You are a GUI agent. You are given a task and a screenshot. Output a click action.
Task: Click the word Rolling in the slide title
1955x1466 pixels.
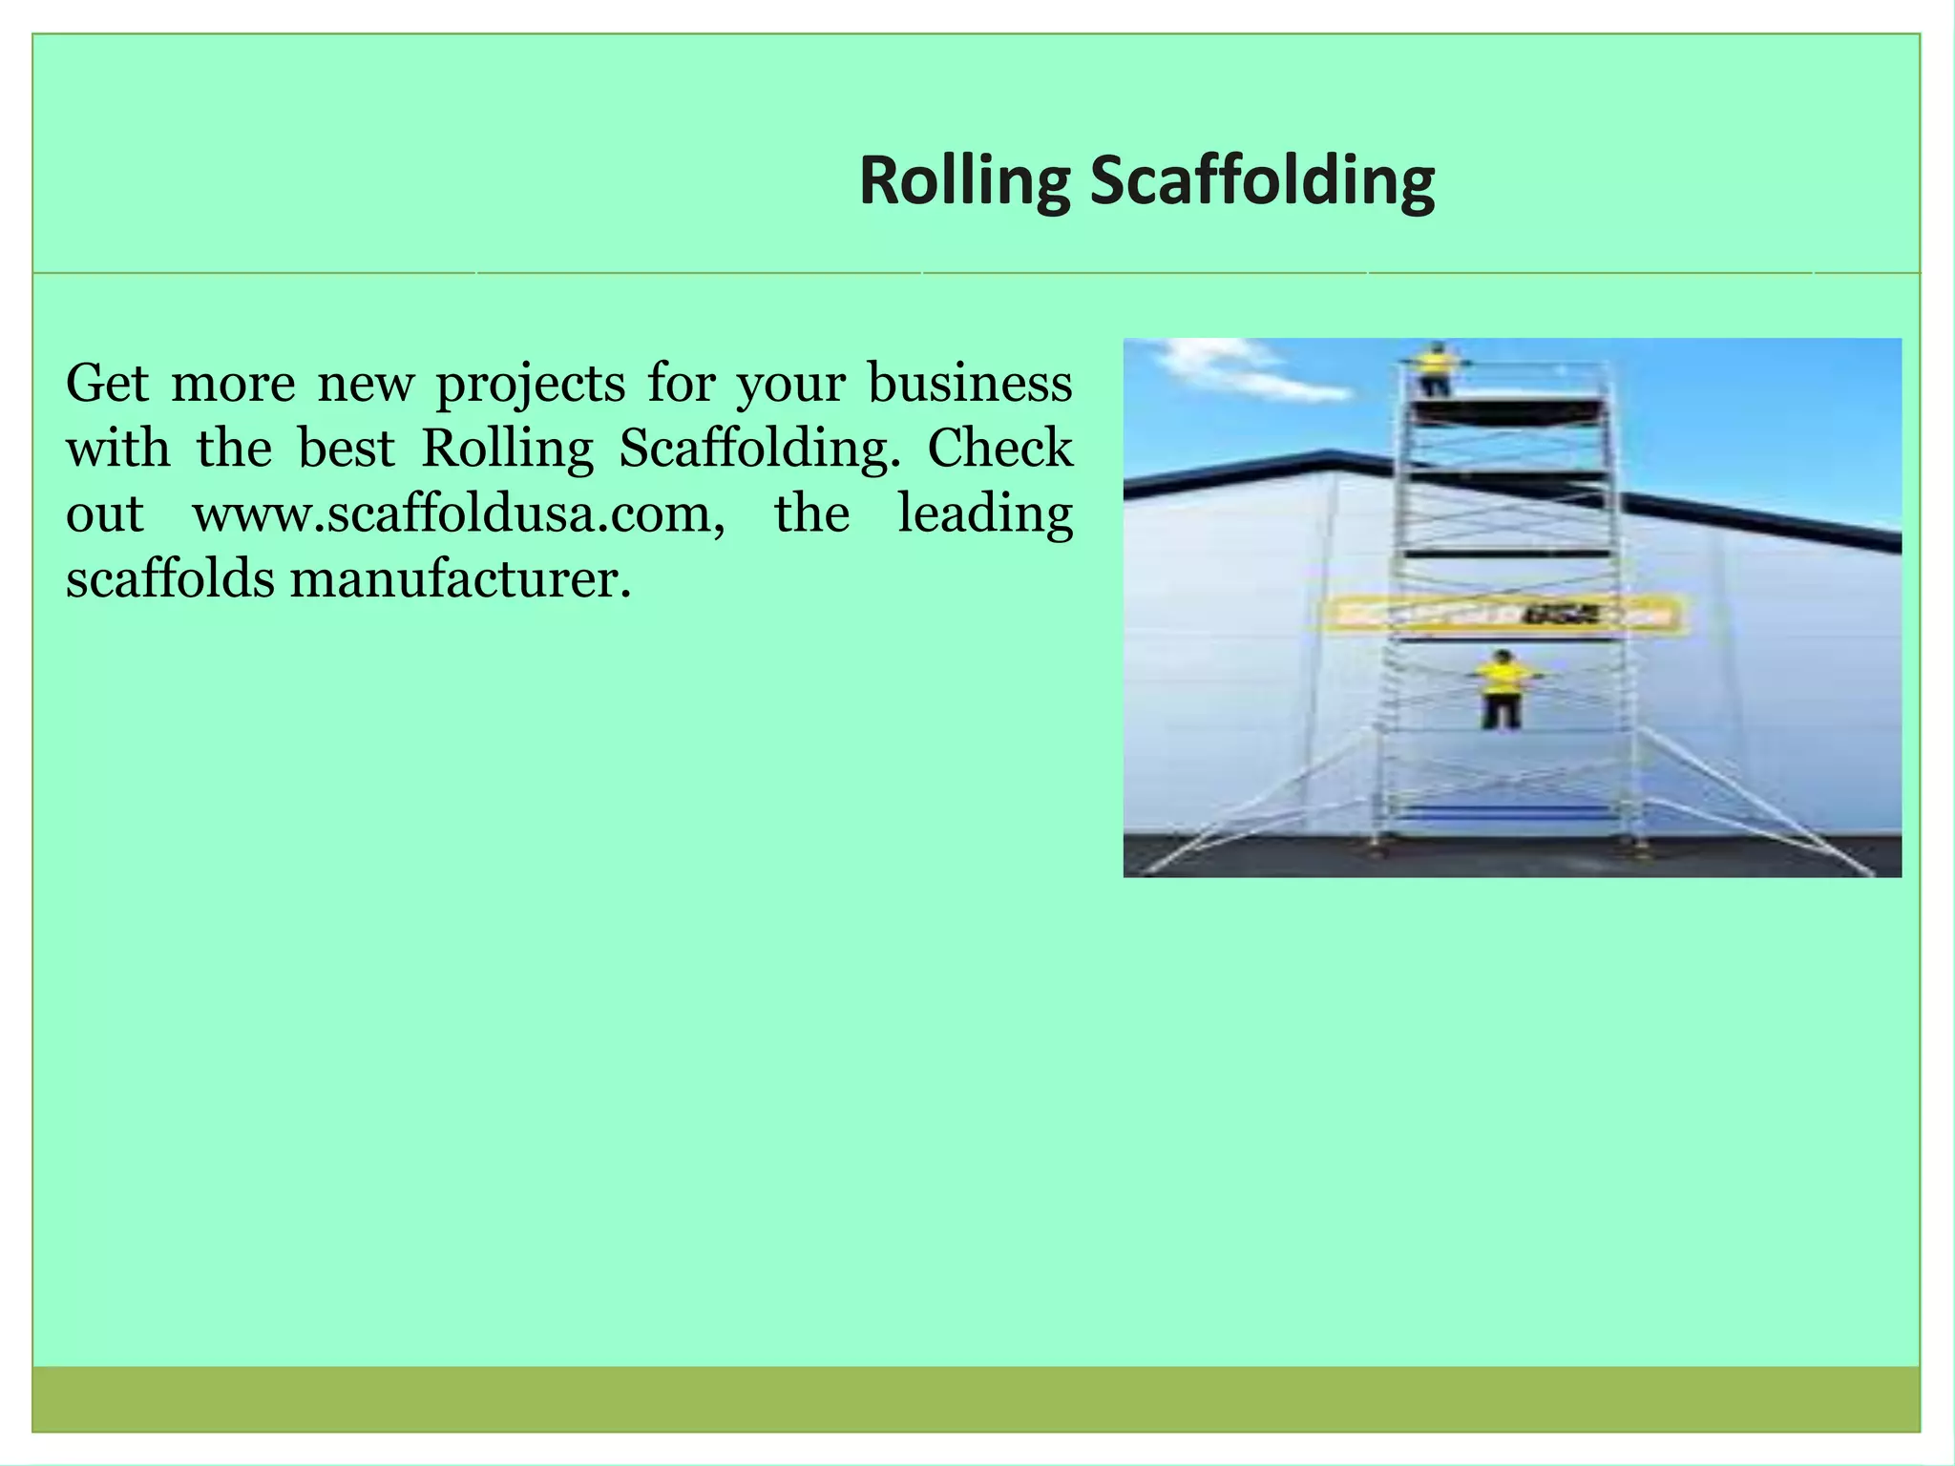tap(964, 180)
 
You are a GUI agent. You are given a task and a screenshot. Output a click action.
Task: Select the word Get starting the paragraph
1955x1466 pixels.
tap(107, 384)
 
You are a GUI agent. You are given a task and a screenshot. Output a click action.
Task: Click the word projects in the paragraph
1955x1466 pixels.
tap(531, 386)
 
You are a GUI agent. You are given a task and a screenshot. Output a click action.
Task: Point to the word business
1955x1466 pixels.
tap(970, 384)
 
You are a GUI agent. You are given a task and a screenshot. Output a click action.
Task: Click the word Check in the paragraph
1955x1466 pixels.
tap(1000, 449)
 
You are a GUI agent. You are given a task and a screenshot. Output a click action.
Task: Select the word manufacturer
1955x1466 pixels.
tap(460, 579)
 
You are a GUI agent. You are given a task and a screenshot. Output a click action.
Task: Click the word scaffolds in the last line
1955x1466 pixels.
tap(170, 579)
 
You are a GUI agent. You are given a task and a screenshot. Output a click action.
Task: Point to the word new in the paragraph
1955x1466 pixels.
tap(366, 385)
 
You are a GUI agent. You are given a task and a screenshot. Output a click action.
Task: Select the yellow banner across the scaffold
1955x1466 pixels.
tap(1502, 616)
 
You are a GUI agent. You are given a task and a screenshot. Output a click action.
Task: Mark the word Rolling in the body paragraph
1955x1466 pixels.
tap(507, 449)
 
